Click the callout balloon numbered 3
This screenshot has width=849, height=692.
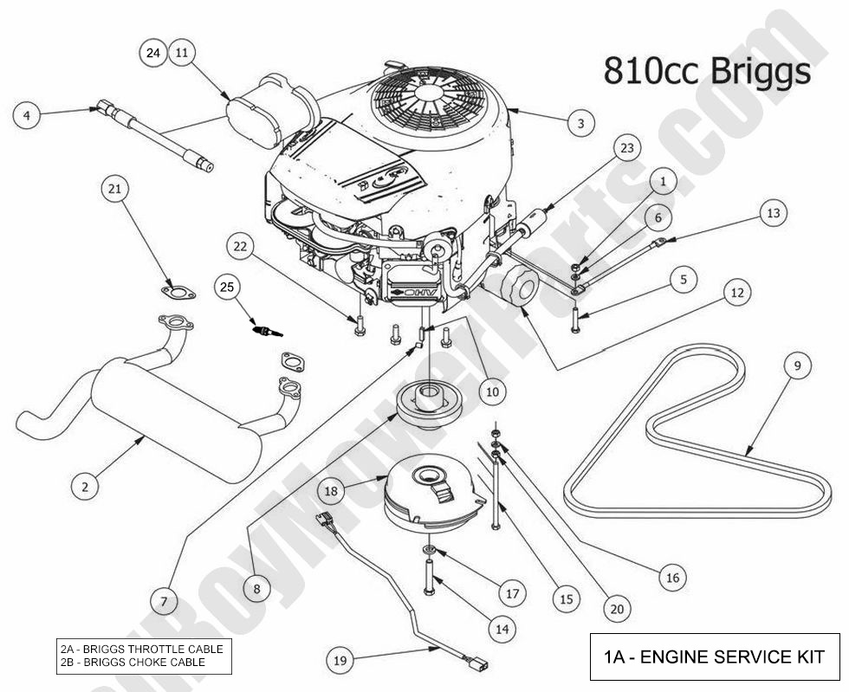(x=581, y=123)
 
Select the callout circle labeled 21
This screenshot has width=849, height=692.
(x=116, y=187)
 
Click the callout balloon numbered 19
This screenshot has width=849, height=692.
(x=340, y=661)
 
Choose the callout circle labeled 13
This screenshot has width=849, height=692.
(x=773, y=212)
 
